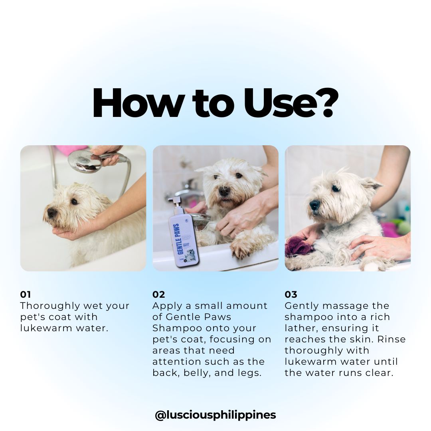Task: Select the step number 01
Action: (x=25, y=295)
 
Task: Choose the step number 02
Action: (x=158, y=295)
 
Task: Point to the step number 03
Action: (x=291, y=295)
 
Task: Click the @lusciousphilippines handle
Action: (x=215, y=415)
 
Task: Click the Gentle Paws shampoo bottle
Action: (x=183, y=233)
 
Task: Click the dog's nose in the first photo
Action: (x=51, y=213)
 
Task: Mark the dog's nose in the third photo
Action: (x=314, y=204)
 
